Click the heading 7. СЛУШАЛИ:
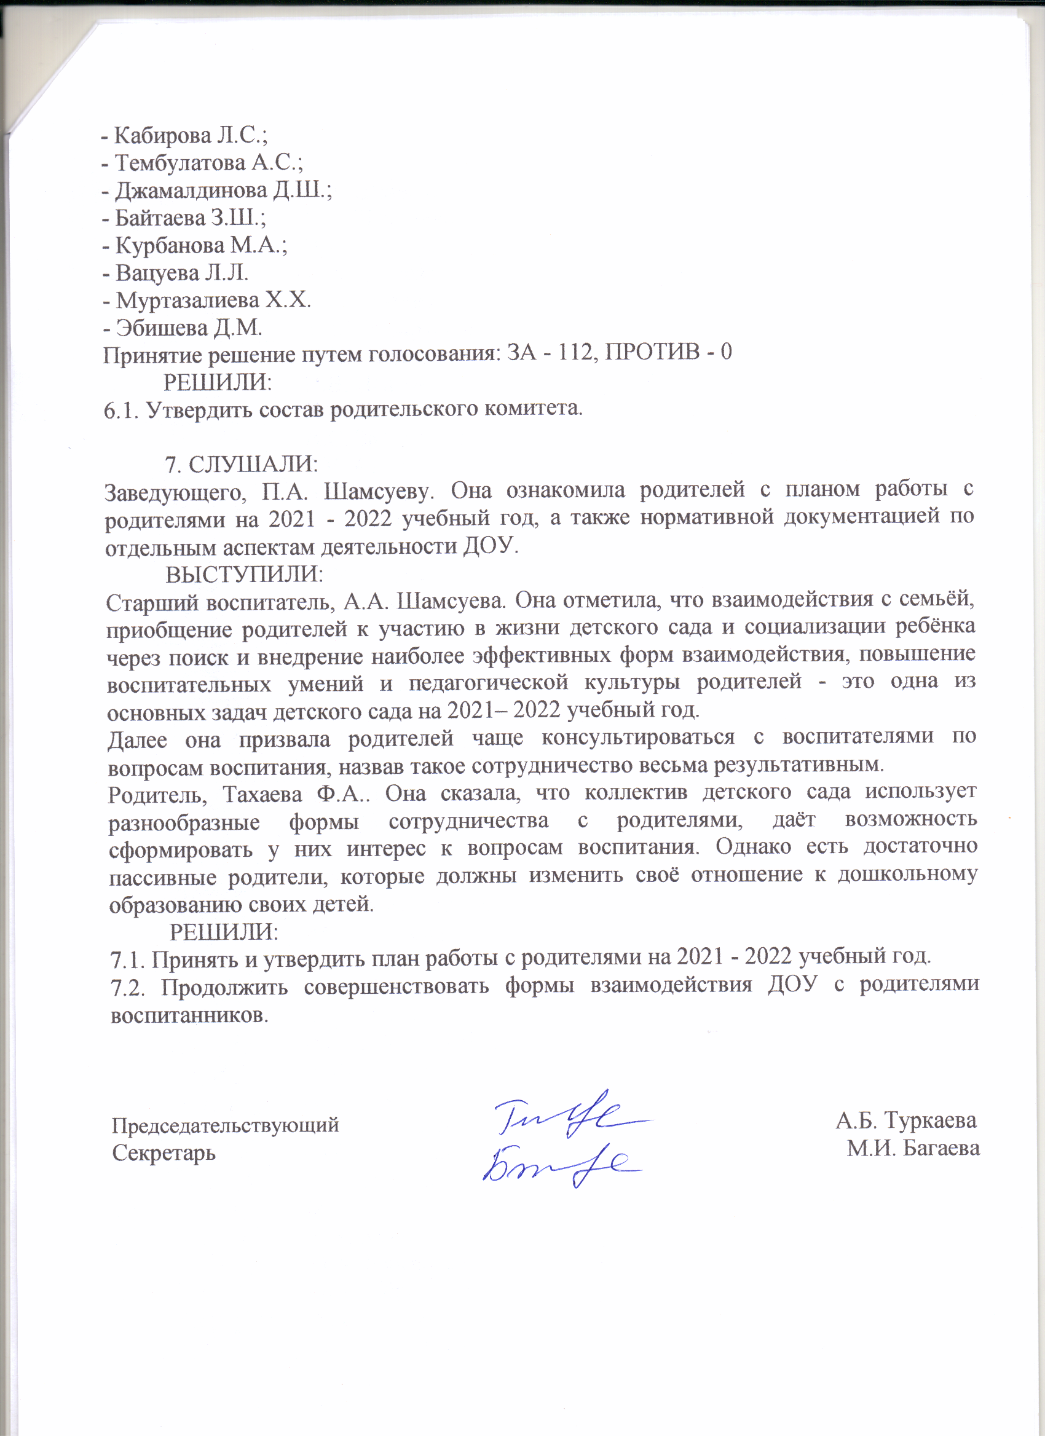pos(242,464)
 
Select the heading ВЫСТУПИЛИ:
pos(245,574)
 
